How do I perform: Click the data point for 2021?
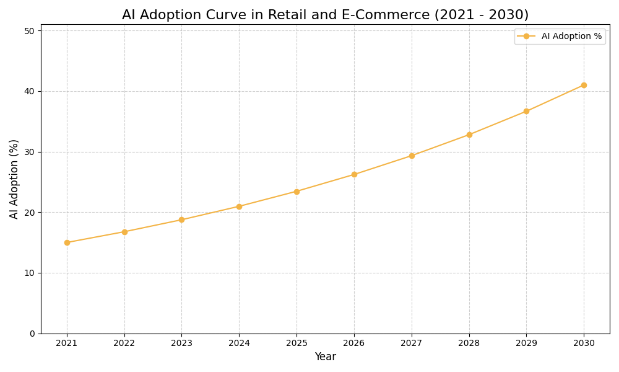coord(67,242)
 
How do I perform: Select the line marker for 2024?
coord(239,206)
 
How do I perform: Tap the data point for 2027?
coord(412,156)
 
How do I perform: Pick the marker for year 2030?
coord(584,85)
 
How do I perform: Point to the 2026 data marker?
coord(354,174)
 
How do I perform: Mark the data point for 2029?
coord(526,112)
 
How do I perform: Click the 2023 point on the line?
coord(181,219)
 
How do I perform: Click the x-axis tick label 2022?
coord(124,343)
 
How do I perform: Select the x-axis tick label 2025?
coord(297,343)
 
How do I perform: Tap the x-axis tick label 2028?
coord(469,343)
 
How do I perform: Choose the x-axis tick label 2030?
coord(584,343)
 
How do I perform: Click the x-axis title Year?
coord(325,357)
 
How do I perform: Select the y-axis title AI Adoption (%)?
coord(14,179)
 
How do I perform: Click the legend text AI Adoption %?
coord(571,37)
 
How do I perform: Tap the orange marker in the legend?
coord(526,37)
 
